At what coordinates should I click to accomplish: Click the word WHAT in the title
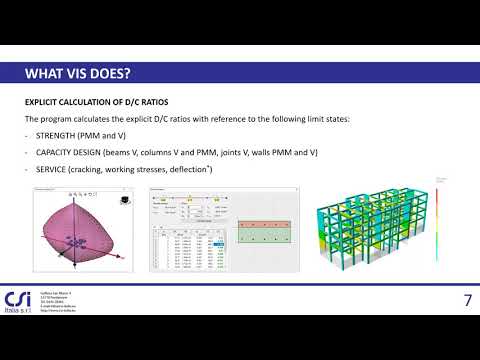[46, 75]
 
